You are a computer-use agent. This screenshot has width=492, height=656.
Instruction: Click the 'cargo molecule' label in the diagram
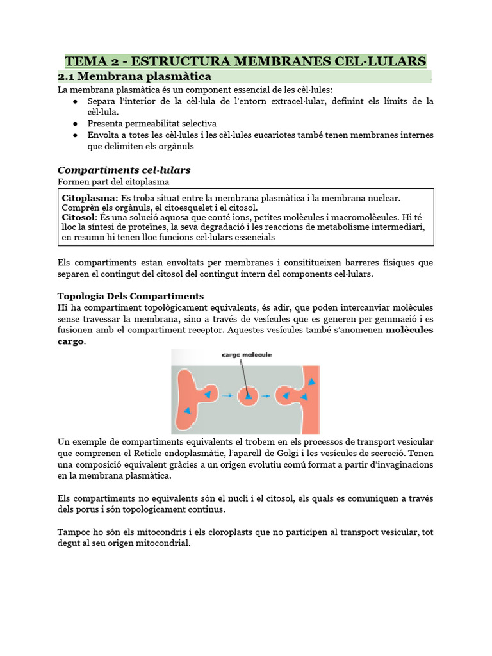coord(247,354)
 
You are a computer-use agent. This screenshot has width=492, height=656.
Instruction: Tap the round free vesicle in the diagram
coord(248,396)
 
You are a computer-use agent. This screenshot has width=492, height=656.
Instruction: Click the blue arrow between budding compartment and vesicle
coord(227,396)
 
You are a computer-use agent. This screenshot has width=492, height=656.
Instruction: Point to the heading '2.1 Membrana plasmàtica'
coord(135,77)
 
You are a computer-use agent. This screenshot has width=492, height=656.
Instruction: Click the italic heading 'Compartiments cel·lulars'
coord(124,170)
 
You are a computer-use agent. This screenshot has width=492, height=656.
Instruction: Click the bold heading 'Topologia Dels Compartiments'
coord(130,296)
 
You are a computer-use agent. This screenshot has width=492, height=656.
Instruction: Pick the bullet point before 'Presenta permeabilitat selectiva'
coord(76,123)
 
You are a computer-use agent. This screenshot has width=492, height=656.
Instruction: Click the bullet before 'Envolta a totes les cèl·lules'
coord(76,135)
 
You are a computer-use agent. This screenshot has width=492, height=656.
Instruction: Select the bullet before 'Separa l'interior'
coord(76,102)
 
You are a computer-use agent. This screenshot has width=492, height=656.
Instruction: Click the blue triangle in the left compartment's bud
coord(207,395)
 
